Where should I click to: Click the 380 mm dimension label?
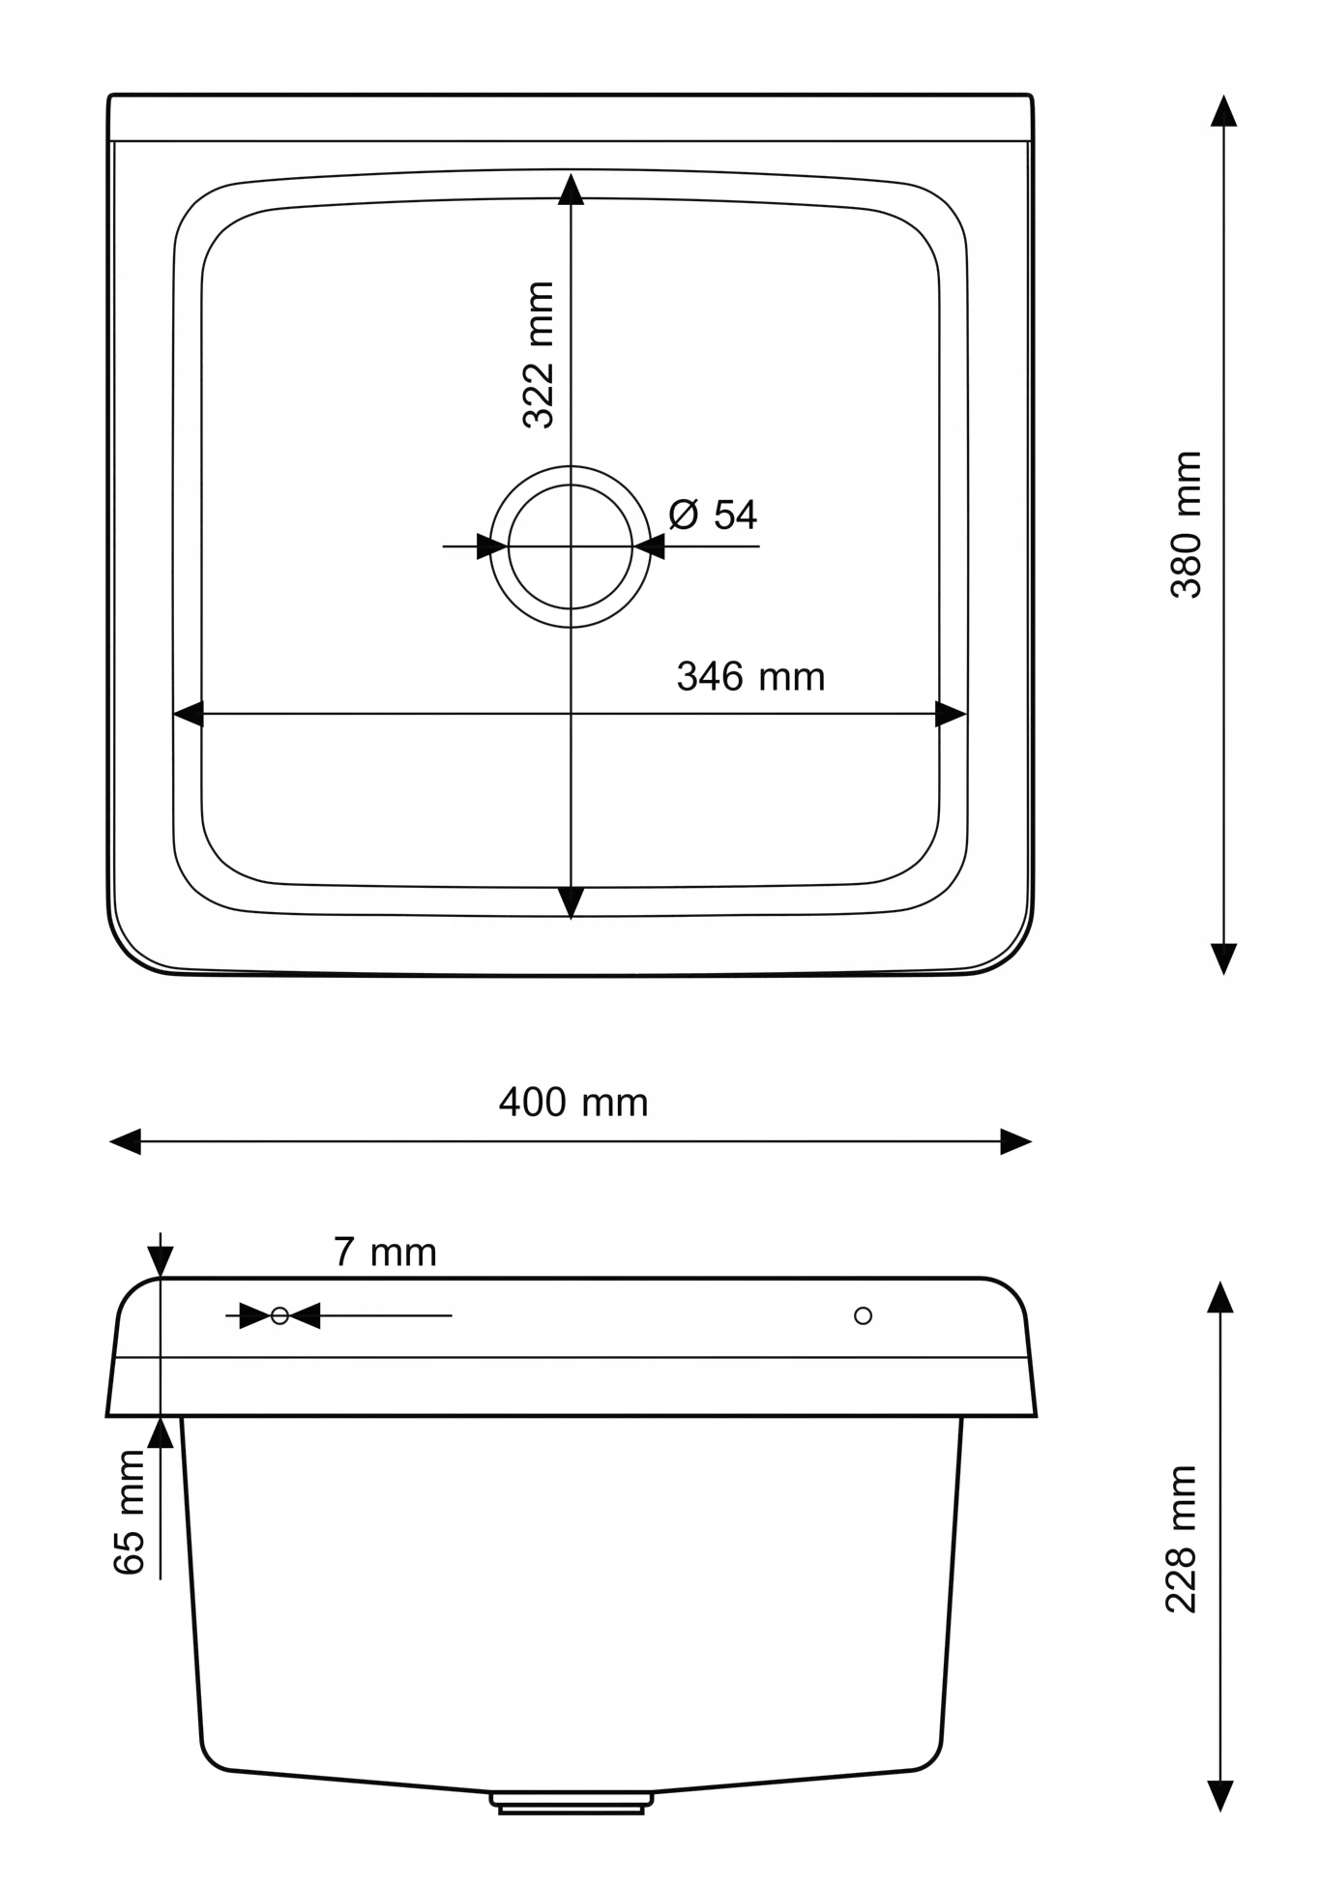tap(1186, 524)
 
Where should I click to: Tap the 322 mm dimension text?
tap(538, 355)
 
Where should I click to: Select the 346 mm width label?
tap(751, 676)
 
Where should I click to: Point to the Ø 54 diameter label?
tap(713, 515)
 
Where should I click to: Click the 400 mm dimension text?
tap(573, 1103)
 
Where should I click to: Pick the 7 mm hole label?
tap(385, 1253)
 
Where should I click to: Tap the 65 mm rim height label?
tap(129, 1513)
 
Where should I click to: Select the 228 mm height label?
tap(1182, 1539)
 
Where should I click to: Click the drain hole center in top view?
tap(571, 546)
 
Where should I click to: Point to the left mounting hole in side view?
tap(280, 1315)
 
